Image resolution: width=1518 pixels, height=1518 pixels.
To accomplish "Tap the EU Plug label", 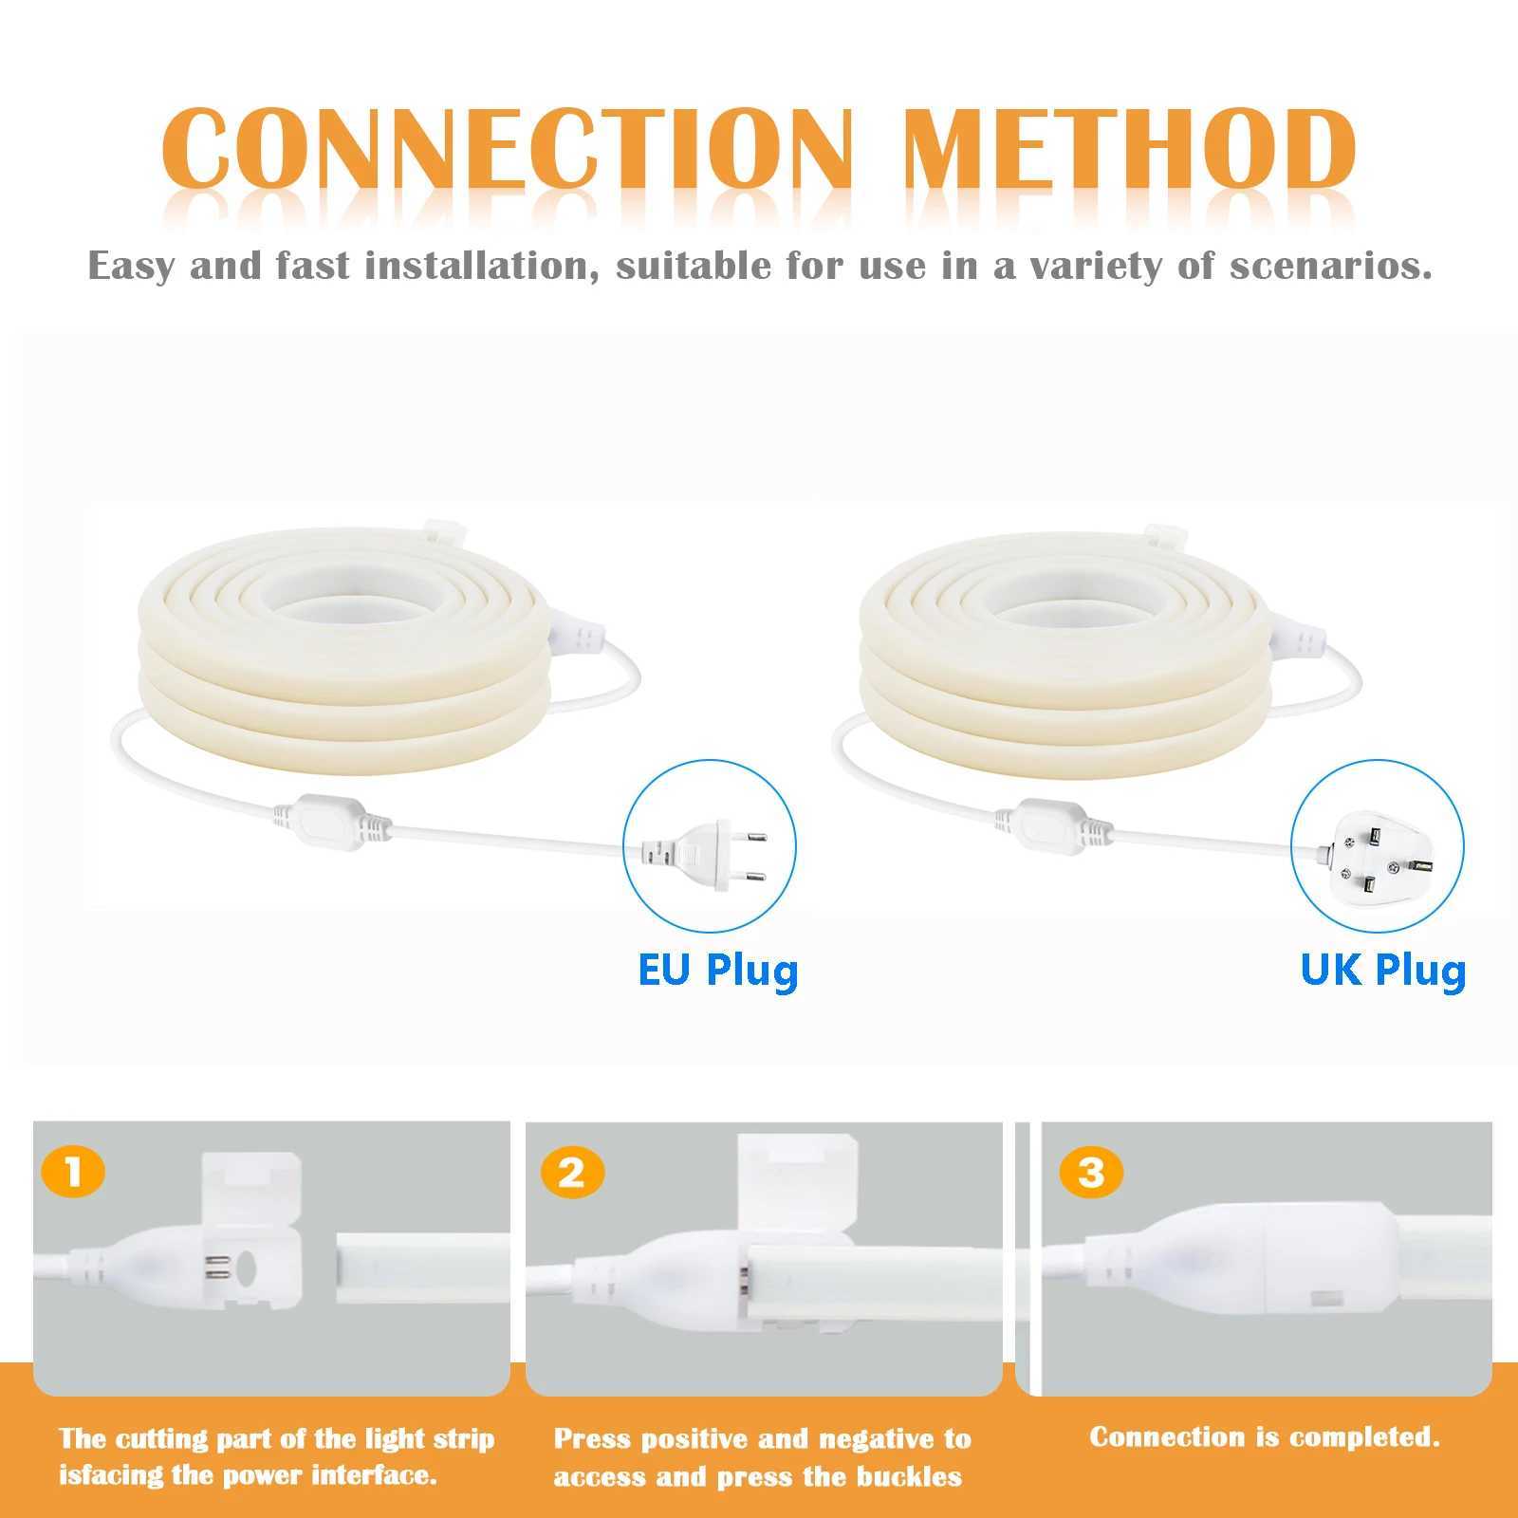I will pos(718,970).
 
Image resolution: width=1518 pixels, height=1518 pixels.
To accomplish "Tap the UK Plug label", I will pos(1383,970).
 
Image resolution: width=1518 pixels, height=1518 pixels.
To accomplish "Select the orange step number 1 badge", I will pos(73,1174).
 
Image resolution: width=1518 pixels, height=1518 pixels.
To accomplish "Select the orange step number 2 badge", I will pos(571,1174).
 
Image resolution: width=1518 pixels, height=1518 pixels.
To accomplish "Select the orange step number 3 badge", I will pos(1091,1174).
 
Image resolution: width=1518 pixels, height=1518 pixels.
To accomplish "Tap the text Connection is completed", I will pos(1264,1436).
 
